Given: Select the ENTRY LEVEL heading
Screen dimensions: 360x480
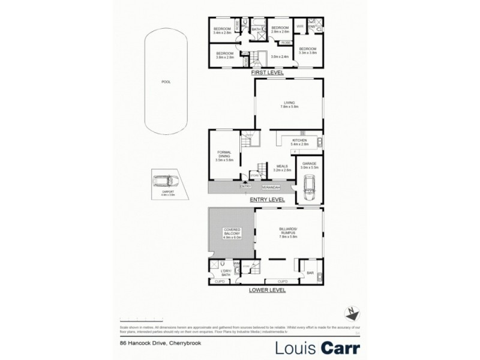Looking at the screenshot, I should point(268,199).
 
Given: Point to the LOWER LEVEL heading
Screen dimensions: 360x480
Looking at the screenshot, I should point(268,290).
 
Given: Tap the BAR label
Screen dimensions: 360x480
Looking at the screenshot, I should point(310,274).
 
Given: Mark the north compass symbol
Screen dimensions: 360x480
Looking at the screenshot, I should point(353,311).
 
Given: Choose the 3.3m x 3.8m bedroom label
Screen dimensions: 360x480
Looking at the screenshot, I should point(308,50).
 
